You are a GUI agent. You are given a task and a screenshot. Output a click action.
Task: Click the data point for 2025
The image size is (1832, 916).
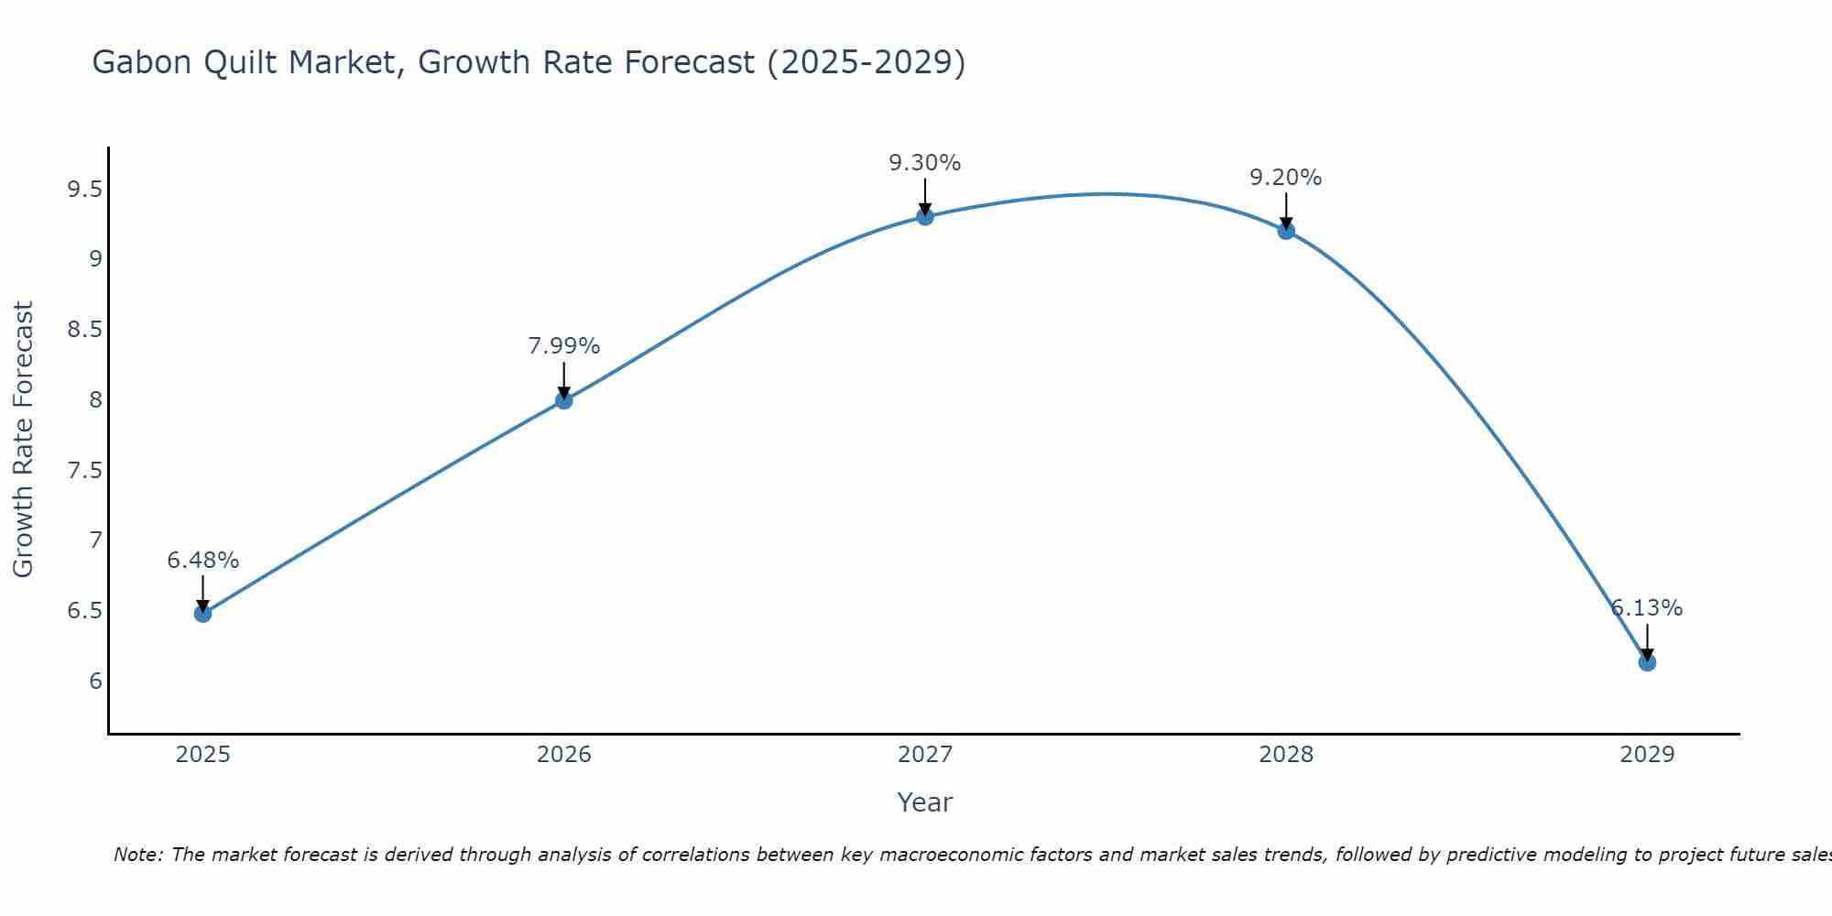(x=202, y=613)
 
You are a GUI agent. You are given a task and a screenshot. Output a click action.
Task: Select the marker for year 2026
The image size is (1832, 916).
(x=563, y=400)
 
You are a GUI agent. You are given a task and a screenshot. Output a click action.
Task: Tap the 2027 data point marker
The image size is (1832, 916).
(x=925, y=216)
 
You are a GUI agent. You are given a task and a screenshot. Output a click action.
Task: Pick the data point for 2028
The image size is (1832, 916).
(x=1286, y=231)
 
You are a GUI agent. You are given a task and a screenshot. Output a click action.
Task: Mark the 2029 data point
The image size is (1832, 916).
(x=1647, y=662)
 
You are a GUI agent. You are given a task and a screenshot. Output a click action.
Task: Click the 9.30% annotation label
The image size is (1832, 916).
(x=925, y=163)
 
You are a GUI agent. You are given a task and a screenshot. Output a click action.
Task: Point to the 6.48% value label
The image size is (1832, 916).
(x=202, y=560)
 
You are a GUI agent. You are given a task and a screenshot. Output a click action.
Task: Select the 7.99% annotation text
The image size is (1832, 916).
(x=563, y=346)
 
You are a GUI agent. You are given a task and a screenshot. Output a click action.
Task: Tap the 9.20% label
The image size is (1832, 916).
(x=1286, y=178)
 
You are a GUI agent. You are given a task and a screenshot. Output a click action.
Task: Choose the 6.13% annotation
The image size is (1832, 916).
(x=1647, y=608)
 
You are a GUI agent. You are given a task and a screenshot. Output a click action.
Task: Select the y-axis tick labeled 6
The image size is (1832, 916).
(x=95, y=681)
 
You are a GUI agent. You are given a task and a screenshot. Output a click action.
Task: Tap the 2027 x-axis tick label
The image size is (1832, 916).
(x=925, y=755)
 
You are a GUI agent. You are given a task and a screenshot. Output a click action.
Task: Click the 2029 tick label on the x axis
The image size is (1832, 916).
(x=1647, y=755)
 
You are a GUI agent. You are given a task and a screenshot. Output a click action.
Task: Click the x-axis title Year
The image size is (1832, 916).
(x=925, y=802)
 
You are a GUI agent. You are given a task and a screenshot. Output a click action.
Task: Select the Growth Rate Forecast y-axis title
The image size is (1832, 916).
(x=23, y=440)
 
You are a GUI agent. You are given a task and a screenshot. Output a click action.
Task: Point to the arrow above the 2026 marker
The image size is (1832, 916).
(x=563, y=377)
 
